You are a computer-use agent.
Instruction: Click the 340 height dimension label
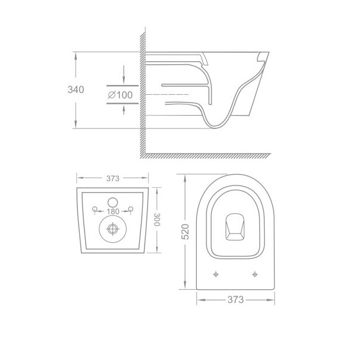point(76,89)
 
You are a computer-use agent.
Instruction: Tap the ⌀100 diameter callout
point(121,95)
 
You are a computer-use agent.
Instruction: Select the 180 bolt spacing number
point(113,211)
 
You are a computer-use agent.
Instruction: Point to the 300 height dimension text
point(157,220)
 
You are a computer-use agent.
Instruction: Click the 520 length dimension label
point(185,232)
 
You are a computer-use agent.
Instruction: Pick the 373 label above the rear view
point(113,178)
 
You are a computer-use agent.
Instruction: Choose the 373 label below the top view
point(236,299)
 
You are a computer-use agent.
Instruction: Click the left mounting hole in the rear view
point(95,209)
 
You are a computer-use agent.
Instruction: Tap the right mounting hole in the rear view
point(131,209)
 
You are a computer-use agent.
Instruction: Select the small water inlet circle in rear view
point(113,202)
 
